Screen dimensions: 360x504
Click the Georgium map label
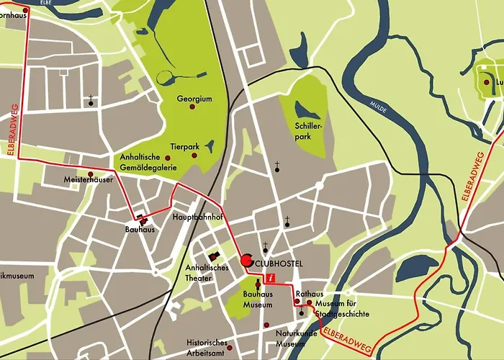pos(194,99)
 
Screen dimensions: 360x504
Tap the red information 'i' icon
pos(271,277)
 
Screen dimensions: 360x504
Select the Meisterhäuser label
pos(88,179)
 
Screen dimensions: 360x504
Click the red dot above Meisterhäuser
pos(90,174)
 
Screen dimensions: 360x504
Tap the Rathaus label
pos(309,294)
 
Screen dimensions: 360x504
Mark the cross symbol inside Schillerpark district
pos(276,166)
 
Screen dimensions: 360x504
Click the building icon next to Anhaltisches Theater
pos(213,256)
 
